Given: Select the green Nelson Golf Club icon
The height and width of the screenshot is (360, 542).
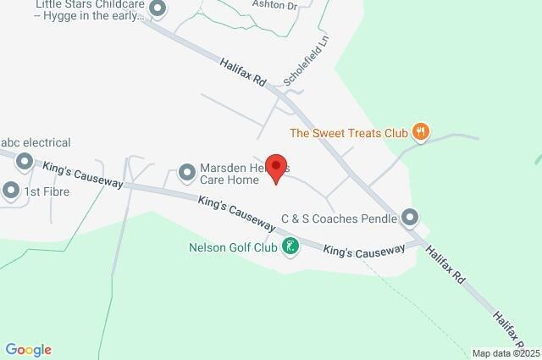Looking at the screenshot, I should (291, 247).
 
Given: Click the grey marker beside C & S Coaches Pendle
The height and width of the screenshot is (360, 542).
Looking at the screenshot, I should (411, 218).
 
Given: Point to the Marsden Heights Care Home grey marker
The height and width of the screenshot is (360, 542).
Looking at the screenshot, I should (187, 174).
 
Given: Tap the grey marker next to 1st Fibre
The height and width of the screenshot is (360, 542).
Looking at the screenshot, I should (10, 191).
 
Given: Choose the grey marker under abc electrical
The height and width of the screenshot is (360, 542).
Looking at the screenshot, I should (25, 160).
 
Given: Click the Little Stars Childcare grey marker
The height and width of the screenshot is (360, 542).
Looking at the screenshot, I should (157, 9).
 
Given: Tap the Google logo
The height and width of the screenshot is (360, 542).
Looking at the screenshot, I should (28, 350).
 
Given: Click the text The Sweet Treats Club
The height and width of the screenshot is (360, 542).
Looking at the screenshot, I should (349, 132).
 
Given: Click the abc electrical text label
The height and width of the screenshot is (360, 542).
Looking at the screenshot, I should (36, 143).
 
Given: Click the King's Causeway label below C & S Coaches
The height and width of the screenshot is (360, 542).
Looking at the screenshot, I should (364, 252).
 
